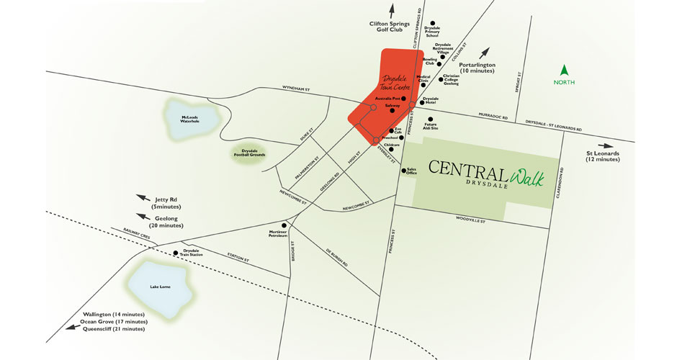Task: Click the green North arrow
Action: click(x=565, y=71)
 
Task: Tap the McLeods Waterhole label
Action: click(x=190, y=119)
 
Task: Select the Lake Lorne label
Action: click(x=160, y=287)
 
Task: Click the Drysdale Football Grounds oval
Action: click(x=249, y=154)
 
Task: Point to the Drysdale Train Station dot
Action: click(x=176, y=253)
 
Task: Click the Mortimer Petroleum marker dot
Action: click(x=284, y=225)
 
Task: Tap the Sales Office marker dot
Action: click(x=403, y=171)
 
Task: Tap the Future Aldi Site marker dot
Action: click(x=430, y=120)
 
